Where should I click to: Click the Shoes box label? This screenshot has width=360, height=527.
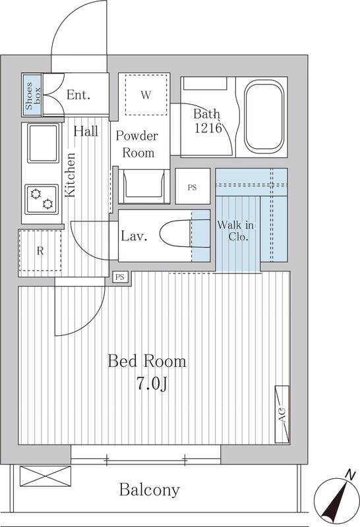point(32,95)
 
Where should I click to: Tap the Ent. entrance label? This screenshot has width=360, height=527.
point(78,95)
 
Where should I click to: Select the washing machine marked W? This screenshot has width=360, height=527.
point(146,95)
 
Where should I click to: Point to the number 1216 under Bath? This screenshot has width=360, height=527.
point(208,128)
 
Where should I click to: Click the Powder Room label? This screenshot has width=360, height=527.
point(137,144)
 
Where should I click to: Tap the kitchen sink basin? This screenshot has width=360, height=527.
point(43,143)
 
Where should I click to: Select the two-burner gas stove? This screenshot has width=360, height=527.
point(42,199)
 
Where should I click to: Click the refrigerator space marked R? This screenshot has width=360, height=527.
point(40,251)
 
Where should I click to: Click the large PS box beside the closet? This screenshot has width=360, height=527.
point(193,186)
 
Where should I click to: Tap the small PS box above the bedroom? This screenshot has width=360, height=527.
point(120,277)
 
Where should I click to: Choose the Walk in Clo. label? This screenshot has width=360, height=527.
point(236,231)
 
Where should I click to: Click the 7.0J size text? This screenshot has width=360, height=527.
point(152,383)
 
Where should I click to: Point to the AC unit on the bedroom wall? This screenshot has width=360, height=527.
point(282,414)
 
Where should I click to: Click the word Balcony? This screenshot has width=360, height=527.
point(150,490)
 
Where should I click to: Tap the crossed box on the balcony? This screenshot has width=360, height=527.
point(45,476)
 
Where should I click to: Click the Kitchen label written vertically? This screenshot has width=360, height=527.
point(70,175)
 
